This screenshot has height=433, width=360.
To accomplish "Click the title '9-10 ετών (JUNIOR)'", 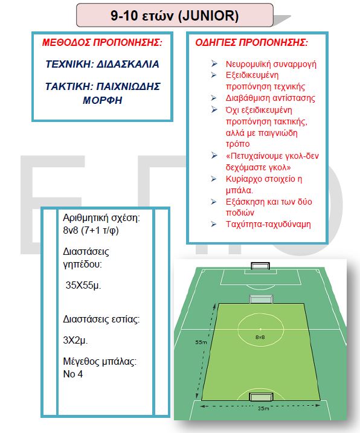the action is pyautogui.click(x=175, y=16).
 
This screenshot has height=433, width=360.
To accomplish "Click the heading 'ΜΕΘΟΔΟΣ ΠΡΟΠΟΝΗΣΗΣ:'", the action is pyautogui.click(x=102, y=42).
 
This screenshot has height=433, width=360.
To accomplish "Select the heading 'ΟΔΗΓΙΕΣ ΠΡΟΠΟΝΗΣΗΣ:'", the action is pyautogui.click(x=251, y=42).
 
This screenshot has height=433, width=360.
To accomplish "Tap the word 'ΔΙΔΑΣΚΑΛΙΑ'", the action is pyautogui.click(x=127, y=64).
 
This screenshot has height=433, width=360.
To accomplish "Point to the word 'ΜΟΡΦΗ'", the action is pyautogui.click(x=102, y=100).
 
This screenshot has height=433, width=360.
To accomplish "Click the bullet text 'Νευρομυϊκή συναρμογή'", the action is pyautogui.click(x=271, y=64).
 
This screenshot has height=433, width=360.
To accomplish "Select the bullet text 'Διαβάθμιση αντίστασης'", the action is pyautogui.click(x=270, y=98).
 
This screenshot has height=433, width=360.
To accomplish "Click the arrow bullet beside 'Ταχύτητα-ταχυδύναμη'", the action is pyautogui.click(x=214, y=224).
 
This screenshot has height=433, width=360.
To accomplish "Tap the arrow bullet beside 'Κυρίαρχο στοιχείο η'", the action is pyautogui.click(x=214, y=179).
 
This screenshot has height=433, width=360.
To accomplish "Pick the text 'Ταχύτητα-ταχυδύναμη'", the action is pyautogui.click(x=268, y=224).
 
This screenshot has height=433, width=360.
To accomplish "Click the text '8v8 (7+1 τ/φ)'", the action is pyautogui.click(x=91, y=230).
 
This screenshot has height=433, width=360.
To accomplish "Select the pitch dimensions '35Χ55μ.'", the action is pyautogui.click(x=83, y=285).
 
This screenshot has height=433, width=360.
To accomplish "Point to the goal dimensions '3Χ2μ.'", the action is pyautogui.click(x=76, y=340).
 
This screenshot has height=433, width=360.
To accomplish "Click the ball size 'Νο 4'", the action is pyautogui.click(x=73, y=374).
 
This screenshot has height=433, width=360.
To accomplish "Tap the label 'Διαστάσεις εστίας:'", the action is pyautogui.click(x=101, y=319).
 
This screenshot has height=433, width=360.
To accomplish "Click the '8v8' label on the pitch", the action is pyautogui.click(x=260, y=337).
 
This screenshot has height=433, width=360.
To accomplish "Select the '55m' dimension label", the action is pyautogui.click(x=201, y=342).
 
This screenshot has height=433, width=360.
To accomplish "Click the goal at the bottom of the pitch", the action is pyautogui.click(x=261, y=397).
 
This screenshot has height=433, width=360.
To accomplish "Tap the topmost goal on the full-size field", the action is pyautogui.click(x=260, y=266).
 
